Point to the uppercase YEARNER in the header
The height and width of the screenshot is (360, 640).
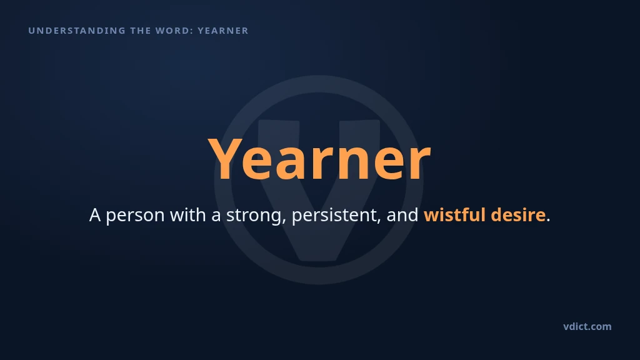click(x=223, y=31)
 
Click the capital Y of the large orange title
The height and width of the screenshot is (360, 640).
click(x=224, y=158)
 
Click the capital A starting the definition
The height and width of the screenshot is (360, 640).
click(x=95, y=215)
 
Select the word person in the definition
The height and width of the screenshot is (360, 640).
click(x=135, y=216)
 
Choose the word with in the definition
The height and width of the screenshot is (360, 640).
click(x=187, y=214)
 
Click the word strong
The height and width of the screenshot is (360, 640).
click(x=254, y=216)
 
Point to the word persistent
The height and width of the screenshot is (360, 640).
click(x=335, y=216)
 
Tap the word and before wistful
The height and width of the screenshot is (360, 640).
click(x=402, y=214)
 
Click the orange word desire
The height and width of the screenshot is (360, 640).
click(x=518, y=214)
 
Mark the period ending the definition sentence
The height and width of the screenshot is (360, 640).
click(x=548, y=221)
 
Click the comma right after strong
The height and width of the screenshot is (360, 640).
click(x=284, y=221)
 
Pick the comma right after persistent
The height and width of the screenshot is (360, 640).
click(x=379, y=221)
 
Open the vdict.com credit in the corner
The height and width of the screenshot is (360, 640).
click(x=587, y=326)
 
